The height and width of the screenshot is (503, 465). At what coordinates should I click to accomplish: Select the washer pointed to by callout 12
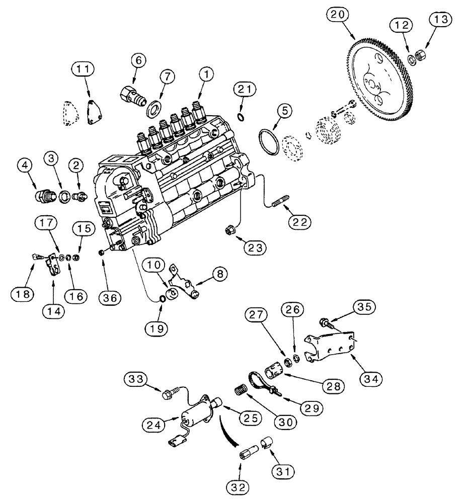pos(411,59)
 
